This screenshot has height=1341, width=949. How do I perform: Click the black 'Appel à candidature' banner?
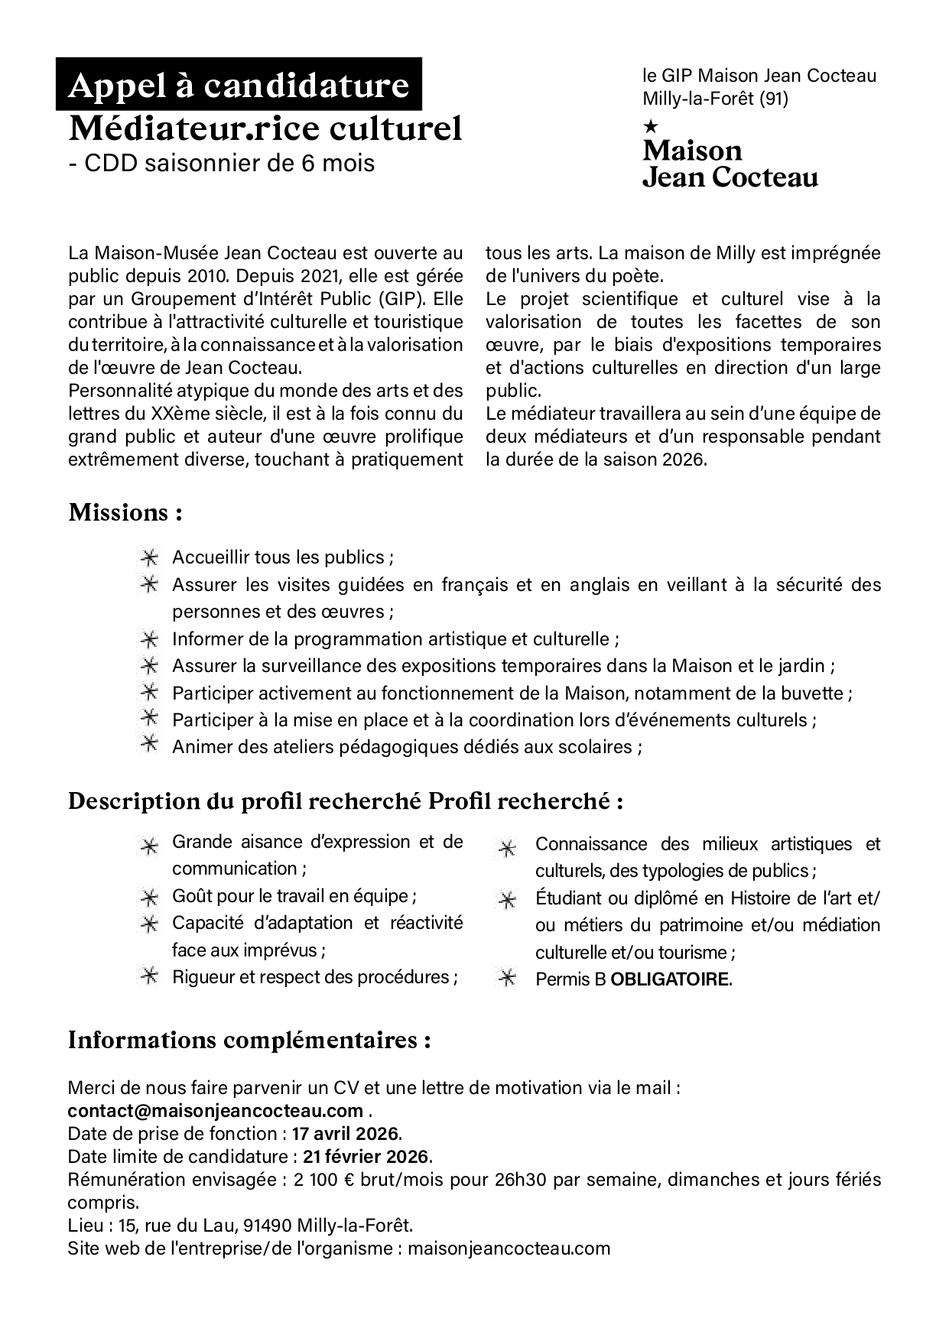239,86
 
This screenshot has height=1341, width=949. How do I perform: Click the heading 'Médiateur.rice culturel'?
265,128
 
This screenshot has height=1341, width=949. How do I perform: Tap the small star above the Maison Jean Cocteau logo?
651,124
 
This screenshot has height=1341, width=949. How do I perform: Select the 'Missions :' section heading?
125,512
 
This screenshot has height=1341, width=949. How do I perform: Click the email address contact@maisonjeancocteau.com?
215,1110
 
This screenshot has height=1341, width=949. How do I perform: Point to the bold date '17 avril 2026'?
346,1133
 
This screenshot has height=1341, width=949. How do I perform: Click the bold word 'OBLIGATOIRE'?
669,979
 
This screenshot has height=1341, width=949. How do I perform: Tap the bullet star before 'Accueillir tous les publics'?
149,557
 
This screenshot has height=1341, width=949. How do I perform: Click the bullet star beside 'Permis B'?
506,979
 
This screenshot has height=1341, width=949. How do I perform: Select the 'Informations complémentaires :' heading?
249,1041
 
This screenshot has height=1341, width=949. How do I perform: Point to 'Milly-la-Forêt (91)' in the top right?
715,99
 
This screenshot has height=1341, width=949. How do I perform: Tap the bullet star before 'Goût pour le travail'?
149,897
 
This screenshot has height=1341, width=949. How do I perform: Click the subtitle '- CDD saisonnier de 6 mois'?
222,164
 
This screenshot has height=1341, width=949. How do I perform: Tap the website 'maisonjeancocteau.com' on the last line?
509,1248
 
